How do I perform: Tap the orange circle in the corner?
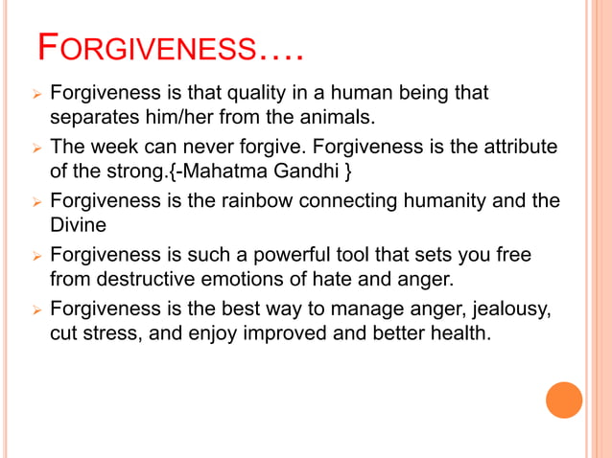tap(564, 400)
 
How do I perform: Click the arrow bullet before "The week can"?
tap(35, 149)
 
